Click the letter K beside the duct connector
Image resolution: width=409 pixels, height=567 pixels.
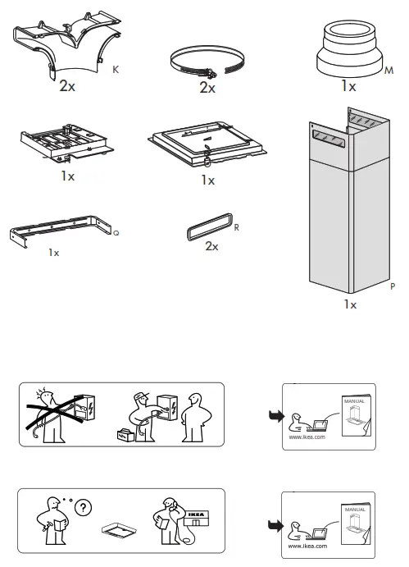(x=116, y=73)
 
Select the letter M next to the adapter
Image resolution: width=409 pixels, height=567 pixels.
(x=389, y=72)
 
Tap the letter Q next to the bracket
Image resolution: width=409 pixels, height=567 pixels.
(x=116, y=234)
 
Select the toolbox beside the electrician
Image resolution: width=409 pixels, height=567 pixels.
(x=125, y=434)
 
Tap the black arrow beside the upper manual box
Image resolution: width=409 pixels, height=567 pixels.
(x=273, y=415)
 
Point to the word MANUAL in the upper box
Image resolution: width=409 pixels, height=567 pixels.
(x=354, y=400)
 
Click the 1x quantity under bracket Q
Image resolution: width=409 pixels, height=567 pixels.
(x=53, y=253)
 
